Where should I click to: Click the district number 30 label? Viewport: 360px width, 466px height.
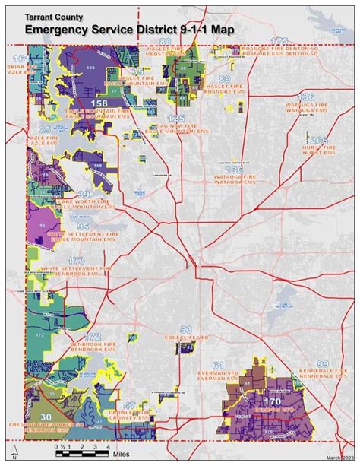pyautogui.click(x=46, y=417)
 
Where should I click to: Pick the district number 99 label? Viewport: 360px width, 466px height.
pyautogui.click(x=323, y=363)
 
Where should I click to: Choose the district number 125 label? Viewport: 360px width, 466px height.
pyautogui.click(x=175, y=119)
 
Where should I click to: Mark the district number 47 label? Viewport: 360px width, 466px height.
pyautogui.click(x=131, y=405)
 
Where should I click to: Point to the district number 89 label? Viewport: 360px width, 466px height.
pyautogui.click(x=224, y=78)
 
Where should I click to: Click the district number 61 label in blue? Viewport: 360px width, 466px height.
pyautogui.click(x=219, y=366)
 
